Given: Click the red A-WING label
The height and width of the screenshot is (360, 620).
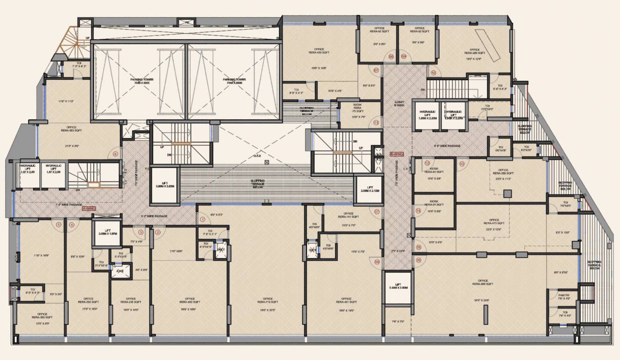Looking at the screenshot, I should point(89,208).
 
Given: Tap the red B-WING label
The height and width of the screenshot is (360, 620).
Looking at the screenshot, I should point(396,154).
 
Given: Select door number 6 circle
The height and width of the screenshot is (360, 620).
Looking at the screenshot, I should point(115,154).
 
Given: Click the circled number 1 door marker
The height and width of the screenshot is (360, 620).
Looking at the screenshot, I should point(202,218).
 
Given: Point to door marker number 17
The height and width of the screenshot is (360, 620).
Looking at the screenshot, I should point(376,211).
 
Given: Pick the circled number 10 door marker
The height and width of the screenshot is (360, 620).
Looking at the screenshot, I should point(433,73).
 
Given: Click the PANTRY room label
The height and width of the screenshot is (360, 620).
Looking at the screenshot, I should point(564,297).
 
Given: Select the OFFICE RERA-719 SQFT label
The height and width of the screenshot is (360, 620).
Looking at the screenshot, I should point(268,300).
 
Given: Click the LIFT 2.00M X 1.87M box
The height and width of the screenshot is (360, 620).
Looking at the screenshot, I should point(107,232).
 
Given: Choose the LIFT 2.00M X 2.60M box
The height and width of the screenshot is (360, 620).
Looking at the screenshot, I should point(397,286).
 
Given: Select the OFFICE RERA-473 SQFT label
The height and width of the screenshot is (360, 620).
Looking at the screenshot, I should point(494,222).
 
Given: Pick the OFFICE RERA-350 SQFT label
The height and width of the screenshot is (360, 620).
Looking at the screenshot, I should point(42,316).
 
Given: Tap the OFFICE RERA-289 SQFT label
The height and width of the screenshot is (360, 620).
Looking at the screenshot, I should point(474,52).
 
